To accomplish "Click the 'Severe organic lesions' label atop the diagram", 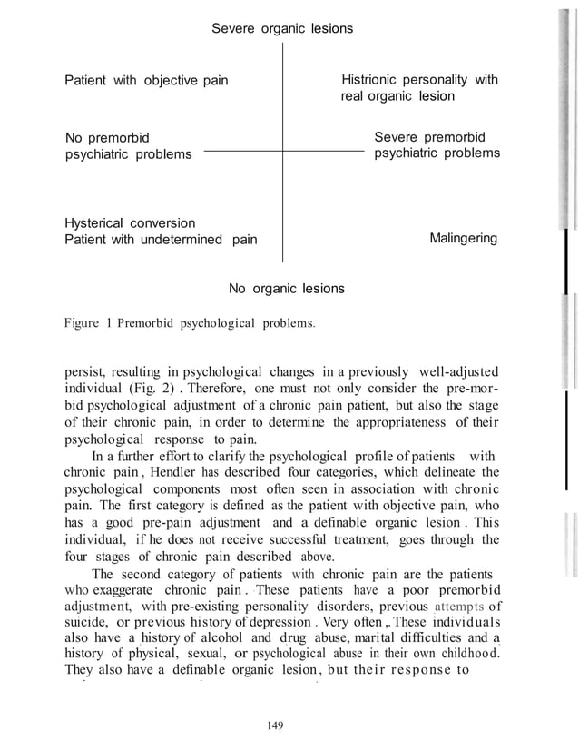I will point(282,29).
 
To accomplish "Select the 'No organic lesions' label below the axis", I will point(286,289).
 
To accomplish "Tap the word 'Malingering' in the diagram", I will point(463,239).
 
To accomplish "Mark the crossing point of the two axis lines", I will point(283,152).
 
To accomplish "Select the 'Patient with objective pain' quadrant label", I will point(146,81).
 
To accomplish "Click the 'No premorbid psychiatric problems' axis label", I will point(128,145).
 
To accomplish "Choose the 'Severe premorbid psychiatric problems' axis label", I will point(437,145).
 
